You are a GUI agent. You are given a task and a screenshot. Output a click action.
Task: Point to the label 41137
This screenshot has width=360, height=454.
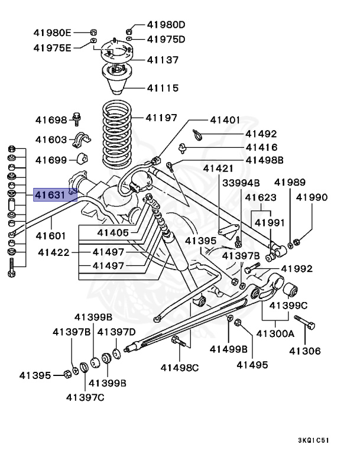click(x=162, y=60)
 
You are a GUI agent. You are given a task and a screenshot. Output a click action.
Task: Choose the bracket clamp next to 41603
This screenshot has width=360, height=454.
click(x=80, y=141)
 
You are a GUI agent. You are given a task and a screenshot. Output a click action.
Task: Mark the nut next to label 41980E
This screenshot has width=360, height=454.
click(x=94, y=31)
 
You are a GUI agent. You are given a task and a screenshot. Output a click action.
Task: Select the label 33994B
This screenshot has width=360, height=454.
click(x=241, y=183)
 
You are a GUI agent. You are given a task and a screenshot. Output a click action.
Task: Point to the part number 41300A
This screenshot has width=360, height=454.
click(x=275, y=333)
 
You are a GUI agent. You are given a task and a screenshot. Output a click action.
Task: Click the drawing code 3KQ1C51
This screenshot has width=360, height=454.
click(x=322, y=440)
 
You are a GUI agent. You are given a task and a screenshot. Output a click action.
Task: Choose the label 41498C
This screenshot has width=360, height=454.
click(x=179, y=368)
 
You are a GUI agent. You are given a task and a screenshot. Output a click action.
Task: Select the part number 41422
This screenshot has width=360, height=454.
click(x=54, y=252)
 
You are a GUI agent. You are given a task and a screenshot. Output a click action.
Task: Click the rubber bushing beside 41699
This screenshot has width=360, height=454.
click(x=82, y=160)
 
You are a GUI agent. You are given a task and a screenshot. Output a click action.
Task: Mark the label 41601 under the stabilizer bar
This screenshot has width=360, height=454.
click(x=51, y=235)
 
